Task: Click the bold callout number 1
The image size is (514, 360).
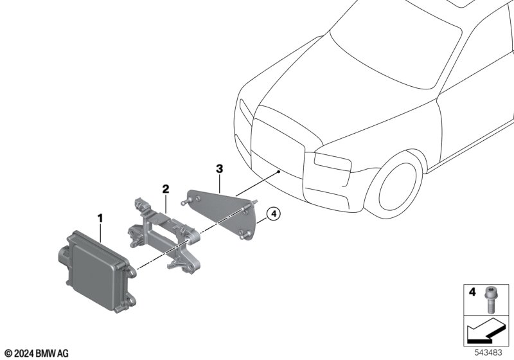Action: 100,218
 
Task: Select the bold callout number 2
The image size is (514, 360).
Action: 166,189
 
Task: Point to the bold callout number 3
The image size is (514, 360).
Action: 219,169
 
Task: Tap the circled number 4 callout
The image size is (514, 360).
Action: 274,214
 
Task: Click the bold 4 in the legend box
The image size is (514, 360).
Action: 472,291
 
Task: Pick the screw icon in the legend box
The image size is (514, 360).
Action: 489,300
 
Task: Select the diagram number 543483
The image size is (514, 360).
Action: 488,353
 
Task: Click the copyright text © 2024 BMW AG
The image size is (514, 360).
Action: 37,354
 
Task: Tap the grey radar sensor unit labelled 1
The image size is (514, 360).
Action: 98,271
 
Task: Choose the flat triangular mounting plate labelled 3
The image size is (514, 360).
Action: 221,213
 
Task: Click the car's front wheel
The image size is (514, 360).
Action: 393,186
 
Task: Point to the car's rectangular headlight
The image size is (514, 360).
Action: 332,161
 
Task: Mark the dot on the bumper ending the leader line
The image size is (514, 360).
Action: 278,171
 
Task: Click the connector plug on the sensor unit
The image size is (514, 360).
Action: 64,255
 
